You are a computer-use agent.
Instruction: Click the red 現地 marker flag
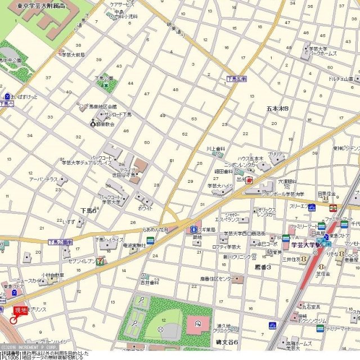(x=20, y=310)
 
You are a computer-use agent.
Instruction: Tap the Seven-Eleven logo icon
(x=100, y=260)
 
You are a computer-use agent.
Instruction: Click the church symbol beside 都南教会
(x=94, y=123)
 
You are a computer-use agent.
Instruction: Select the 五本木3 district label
(x=277, y=108)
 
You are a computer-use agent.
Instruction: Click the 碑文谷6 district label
(x=228, y=342)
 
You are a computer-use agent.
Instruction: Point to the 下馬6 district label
(x=87, y=210)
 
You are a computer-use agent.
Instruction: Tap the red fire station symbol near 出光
(x=249, y=180)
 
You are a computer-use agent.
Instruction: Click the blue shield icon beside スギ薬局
(x=193, y=229)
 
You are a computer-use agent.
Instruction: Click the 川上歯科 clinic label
(x=215, y=149)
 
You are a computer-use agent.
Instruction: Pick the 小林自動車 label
(x=52, y=276)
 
